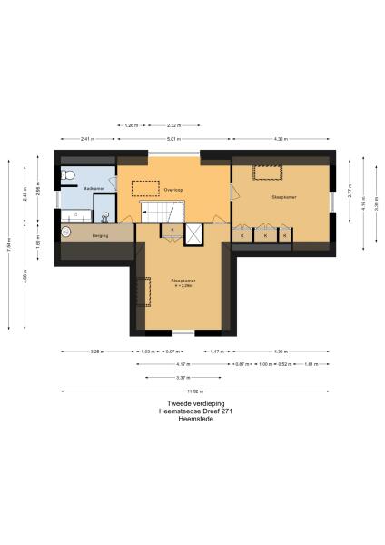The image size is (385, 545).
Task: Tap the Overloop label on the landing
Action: pos(173,190)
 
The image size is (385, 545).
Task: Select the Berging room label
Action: pos(100,233)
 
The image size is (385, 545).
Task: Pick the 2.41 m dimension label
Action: pos(87,138)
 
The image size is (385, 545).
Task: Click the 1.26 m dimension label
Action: pos(131,124)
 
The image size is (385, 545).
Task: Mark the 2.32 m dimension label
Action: pos(174,124)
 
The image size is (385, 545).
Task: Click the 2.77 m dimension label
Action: pos(350,193)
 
